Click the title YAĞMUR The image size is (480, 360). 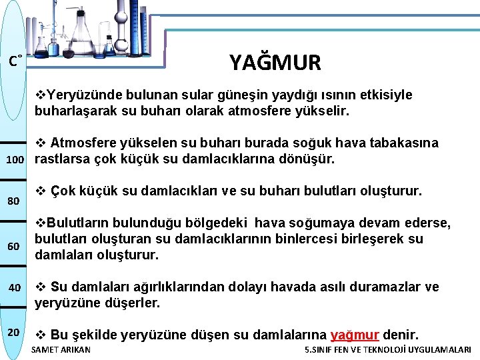pyautogui.click(x=275, y=63)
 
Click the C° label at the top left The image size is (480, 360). pyautogui.click(x=16, y=62)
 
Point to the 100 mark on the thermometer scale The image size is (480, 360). pyautogui.click(x=15, y=160)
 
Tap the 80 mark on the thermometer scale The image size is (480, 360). pyautogui.click(x=13, y=201)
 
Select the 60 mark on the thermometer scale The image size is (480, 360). pyautogui.click(x=13, y=247)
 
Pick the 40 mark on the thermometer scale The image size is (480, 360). pyautogui.click(x=15, y=287)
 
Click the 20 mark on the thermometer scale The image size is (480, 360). pyautogui.click(x=14, y=332)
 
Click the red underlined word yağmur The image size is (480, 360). pyautogui.click(x=355, y=334)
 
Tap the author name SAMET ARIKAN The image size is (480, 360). pyautogui.click(x=61, y=350)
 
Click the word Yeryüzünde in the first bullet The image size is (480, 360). pyautogui.click(x=79, y=95)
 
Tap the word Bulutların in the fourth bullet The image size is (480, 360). pyautogui.click(x=74, y=223)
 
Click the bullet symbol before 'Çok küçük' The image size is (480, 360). pyautogui.click(x=39, y=191)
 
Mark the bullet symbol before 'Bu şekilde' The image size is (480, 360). pyautogui.click(x=39, y=334)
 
